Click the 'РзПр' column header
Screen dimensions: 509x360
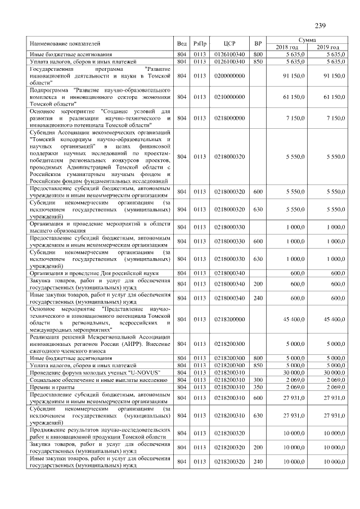(x=200, y=43)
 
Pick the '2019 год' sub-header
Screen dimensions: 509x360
(x=327, y=47)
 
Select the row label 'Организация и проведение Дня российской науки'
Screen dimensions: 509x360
(x=93, y=273)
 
